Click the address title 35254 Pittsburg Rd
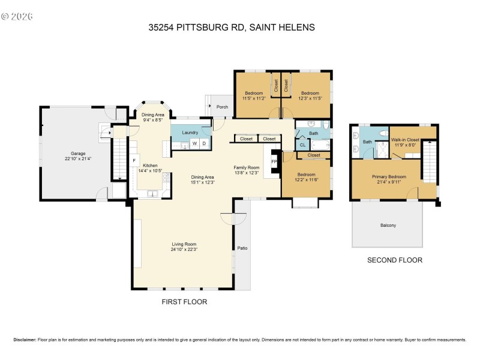[x=239, y=27]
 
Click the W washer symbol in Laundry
[x=194, y=143]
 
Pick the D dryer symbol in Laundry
[x=203, y=143]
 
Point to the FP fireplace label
[x=274, y=161]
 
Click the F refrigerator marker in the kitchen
[x=134, y=161]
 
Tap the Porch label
[x=222, y=107]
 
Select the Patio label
[x=242, y=248]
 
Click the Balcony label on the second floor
[x=388, y=226]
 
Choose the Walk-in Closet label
[x=406, y=139]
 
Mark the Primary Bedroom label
[x=389, y=176]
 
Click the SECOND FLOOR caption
[x=395, y=260]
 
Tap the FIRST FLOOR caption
[x=184, y=302]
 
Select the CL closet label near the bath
[x=302, y=145]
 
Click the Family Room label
[x=246, y=167]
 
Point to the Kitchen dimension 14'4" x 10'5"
[x=150, y=171]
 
